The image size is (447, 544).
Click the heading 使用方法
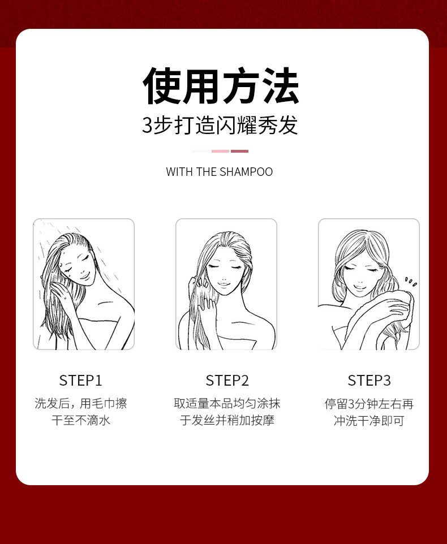pos(221,86)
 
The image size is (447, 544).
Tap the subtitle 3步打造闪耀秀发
pos(220,125)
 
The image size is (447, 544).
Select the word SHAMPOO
pos(246,172)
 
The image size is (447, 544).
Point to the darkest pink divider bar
pos(240,151)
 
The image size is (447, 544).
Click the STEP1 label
pos(81,381)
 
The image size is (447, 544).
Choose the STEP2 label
pos(227,381)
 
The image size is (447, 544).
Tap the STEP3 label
pos(369,381)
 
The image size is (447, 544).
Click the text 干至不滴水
pos(81,421)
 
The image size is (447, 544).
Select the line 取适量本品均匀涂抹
pos(227,404)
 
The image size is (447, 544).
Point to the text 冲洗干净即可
pos(369,421)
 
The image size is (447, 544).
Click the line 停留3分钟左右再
pos(369,404)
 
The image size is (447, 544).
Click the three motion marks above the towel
pos(411,282)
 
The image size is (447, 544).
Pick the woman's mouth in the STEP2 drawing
pos(223,284)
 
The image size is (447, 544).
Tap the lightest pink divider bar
pos(201,151)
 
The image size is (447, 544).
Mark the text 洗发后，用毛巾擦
pos(81,404)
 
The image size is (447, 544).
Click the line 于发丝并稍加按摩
pos(227,421)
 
